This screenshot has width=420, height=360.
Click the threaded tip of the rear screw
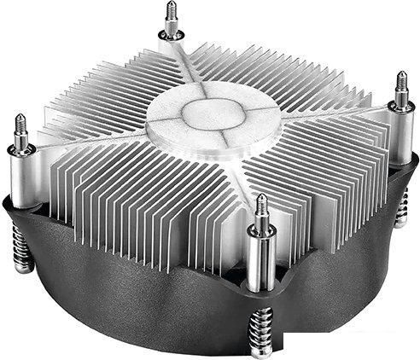172,15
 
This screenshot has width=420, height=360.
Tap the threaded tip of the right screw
400,84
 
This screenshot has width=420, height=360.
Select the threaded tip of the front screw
261,206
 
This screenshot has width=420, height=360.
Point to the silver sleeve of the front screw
262,256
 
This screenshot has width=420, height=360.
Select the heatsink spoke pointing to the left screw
94,141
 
